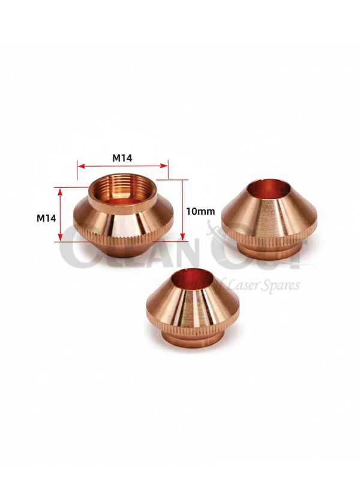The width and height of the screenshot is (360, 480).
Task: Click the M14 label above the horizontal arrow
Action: (122, 158)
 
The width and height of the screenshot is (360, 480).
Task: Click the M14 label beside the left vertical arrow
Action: (46, 218)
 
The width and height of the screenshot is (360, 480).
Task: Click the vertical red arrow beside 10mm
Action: (182, 210)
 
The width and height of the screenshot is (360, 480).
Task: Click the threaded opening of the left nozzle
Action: (123, 191)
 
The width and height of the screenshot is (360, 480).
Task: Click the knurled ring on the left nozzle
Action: (123, 238)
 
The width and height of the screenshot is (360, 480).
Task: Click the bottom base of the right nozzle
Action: (269, 250)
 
